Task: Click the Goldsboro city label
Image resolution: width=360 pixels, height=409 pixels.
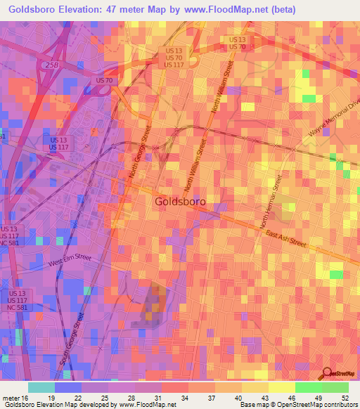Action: click(179, 202)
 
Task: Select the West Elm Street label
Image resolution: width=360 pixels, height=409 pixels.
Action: click(70, 260)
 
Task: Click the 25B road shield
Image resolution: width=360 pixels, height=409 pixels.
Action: click(50, 65)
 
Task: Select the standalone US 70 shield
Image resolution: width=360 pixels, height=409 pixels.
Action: click(104, 82)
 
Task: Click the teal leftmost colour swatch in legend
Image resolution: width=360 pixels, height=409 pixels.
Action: click(41, 387)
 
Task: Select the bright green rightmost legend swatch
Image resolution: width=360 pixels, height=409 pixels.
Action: click(335, 387)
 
